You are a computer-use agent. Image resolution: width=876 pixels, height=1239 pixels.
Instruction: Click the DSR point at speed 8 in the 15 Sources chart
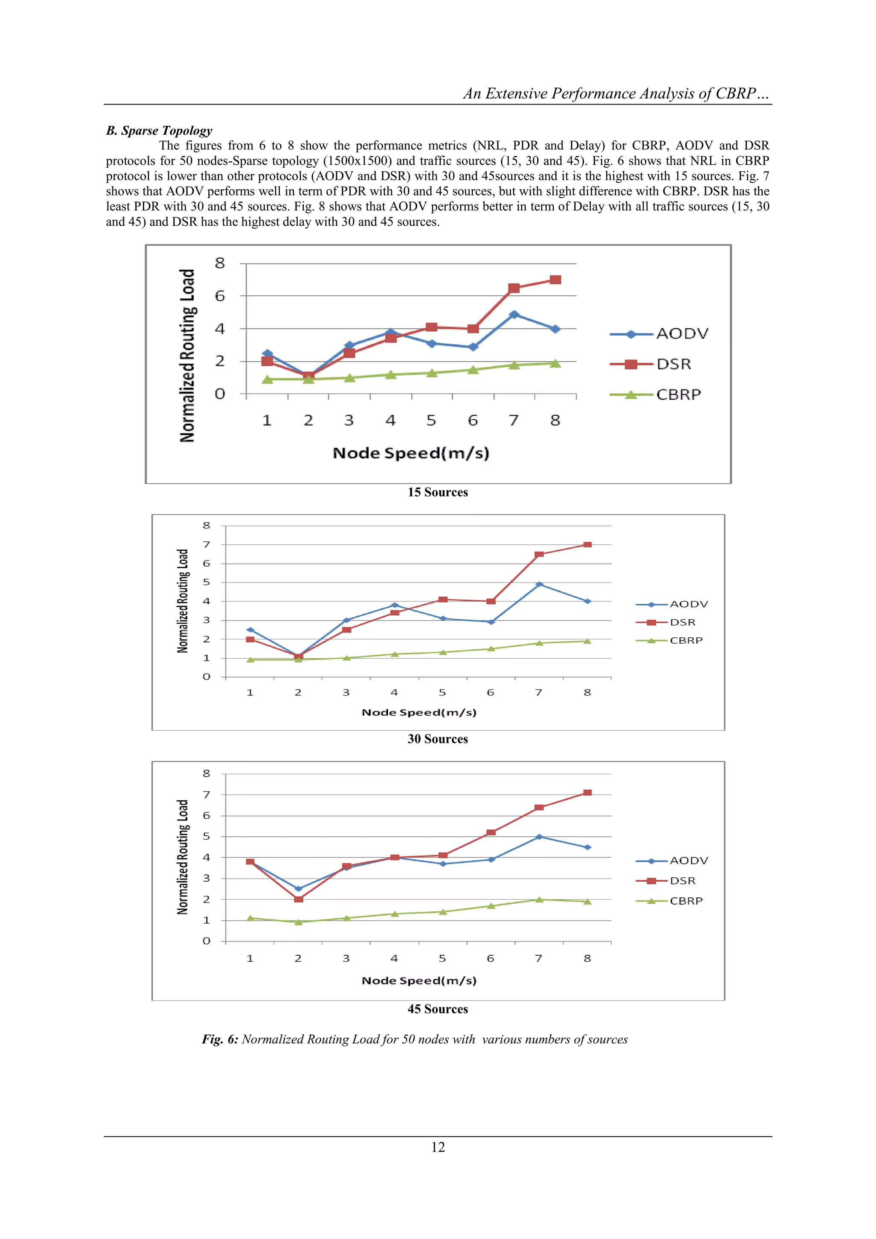tap(555, 279)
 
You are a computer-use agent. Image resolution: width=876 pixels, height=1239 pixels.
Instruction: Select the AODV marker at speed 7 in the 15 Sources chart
tap(514, 314)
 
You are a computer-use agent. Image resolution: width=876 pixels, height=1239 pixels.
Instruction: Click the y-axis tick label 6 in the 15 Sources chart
tap(219, 296)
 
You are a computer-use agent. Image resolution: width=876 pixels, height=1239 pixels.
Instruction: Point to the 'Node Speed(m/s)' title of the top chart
tap(411, 453)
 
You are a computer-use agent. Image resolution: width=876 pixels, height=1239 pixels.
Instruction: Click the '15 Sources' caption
tap(438, 492)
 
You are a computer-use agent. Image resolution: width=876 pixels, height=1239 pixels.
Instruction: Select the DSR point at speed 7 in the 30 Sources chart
tap(539, 554)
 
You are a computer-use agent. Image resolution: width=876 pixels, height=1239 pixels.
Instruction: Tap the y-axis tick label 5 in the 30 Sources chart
tap(206, 582)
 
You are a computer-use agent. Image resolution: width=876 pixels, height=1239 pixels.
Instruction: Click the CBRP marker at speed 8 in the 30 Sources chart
tap(587, 641)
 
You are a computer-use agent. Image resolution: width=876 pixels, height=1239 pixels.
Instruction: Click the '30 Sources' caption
tap(438, 739)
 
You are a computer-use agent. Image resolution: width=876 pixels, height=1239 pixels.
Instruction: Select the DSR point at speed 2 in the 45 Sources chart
tap(298, 899)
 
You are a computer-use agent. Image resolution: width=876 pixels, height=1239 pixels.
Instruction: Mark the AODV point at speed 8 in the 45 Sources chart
tap(587, 847)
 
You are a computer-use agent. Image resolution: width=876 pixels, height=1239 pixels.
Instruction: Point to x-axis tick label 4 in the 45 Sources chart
tap(394, 958)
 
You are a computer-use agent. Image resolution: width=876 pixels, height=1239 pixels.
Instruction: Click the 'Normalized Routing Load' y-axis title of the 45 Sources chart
tap(183, 857)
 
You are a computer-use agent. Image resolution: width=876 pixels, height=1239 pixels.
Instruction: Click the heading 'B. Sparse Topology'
tap(159, 131)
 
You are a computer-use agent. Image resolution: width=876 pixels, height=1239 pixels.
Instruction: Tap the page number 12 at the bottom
tap(438, 1147)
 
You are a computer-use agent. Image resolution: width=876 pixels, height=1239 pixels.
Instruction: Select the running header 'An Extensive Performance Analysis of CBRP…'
tap(616, 94)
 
